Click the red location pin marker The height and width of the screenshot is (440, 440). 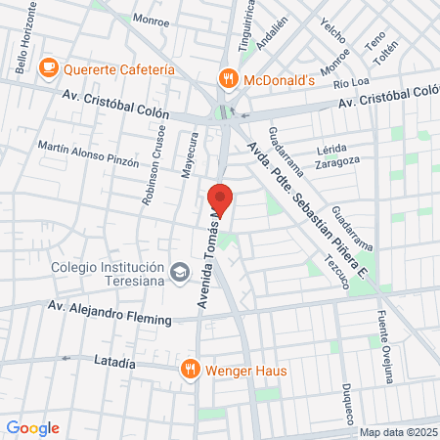coord(220,198)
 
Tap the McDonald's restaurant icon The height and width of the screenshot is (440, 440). coord(227,79)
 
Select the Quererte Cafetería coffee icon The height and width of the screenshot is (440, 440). coord(47,68)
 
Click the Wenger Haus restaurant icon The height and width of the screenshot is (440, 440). coord(190,370)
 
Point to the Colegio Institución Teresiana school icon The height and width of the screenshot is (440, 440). coord(179,271)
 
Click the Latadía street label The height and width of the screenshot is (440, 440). coord(113,362)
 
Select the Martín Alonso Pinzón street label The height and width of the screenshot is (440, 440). coord(88,154)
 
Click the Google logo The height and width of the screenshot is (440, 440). coord(32,427)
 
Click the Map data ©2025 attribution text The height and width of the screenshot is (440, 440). coord(397,432)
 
